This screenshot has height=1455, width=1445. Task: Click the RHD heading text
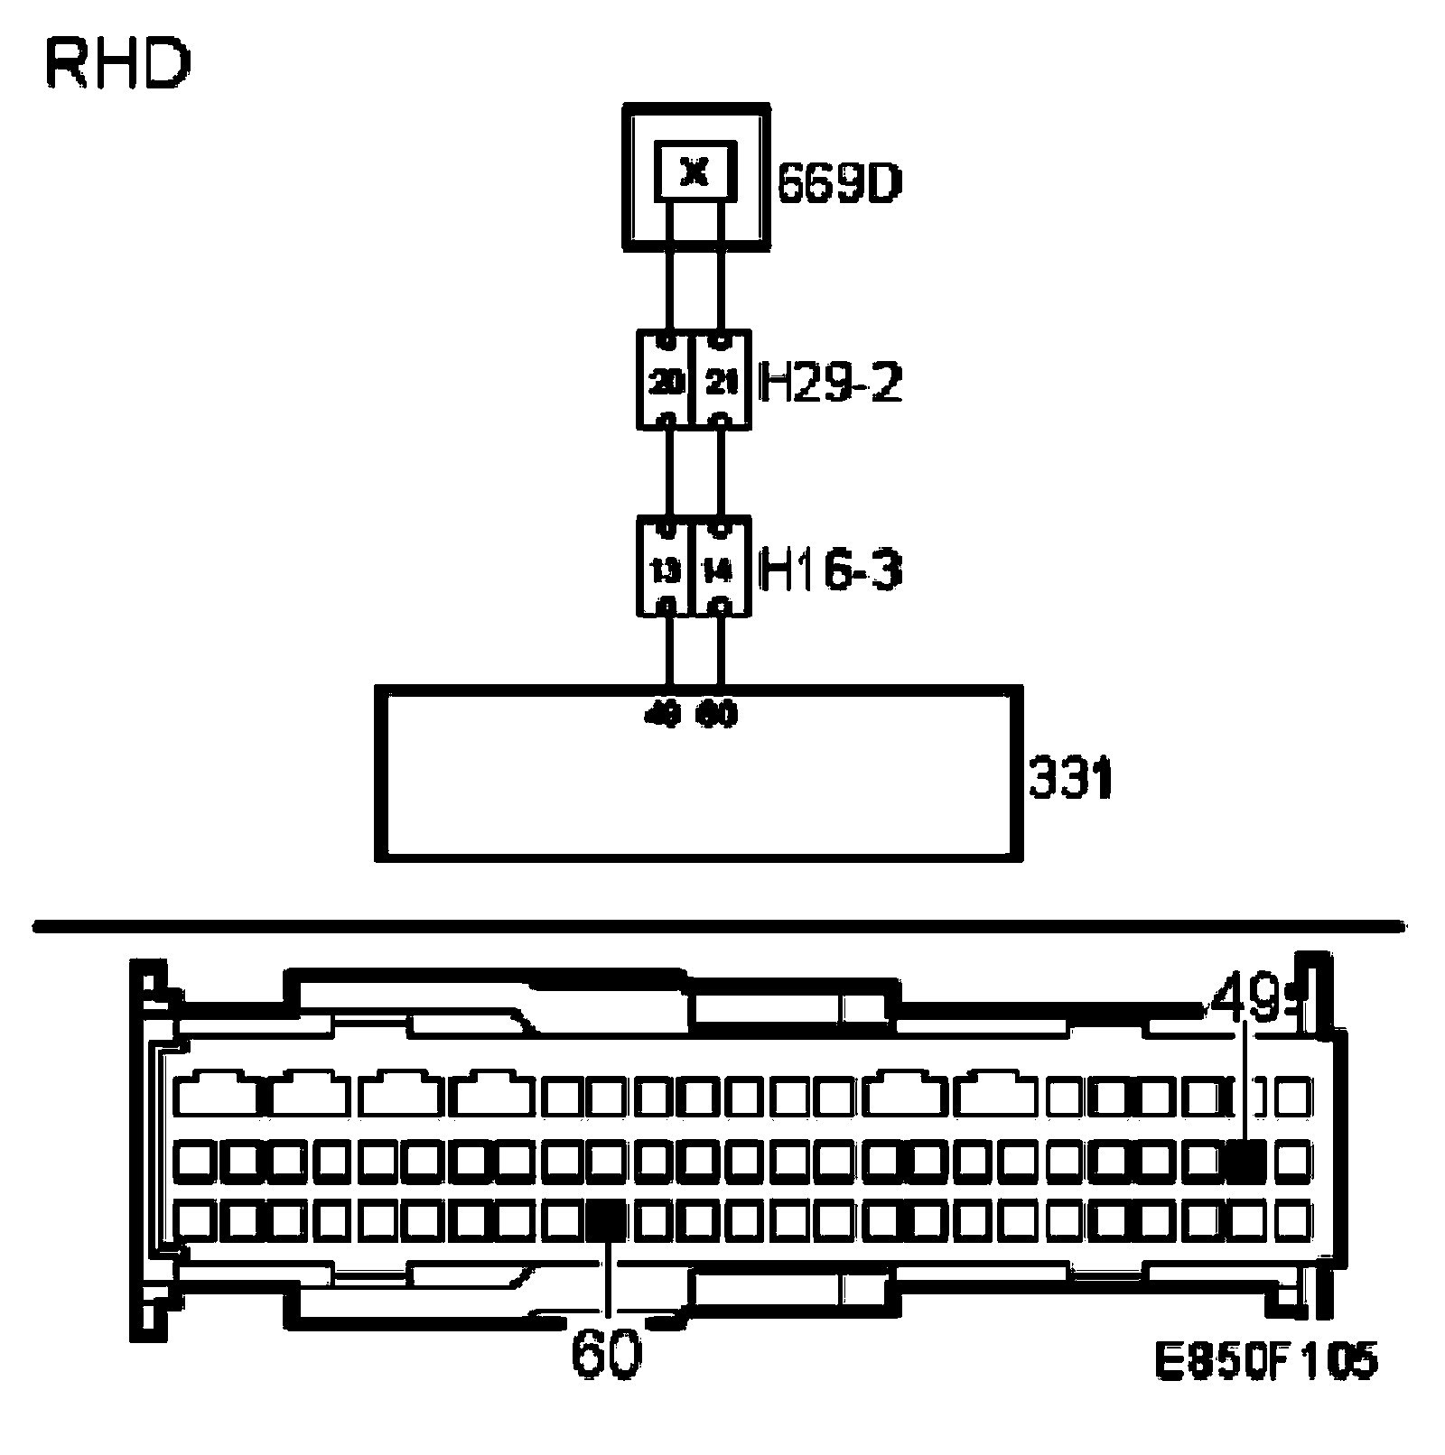click(x=117, y=65)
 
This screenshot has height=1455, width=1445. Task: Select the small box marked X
click(x=695, y=171)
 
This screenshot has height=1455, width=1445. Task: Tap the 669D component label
click(x=840, y=186)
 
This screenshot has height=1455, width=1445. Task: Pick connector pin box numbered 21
click(x=721, y=381)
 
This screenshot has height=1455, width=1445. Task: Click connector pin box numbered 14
click(x=721, y=569)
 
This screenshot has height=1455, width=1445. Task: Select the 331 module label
click(x=1071, y=778)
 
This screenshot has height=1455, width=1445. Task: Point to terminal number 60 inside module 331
click(x=718, y=715)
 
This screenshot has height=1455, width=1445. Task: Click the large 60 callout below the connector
click(x=606, y=1354)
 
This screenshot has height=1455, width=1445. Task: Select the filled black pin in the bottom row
click(x=606, y=1220)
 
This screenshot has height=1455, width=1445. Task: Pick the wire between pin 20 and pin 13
click(x=668, y=472)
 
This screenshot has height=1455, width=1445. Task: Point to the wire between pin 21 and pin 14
click(x=721, y=472)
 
